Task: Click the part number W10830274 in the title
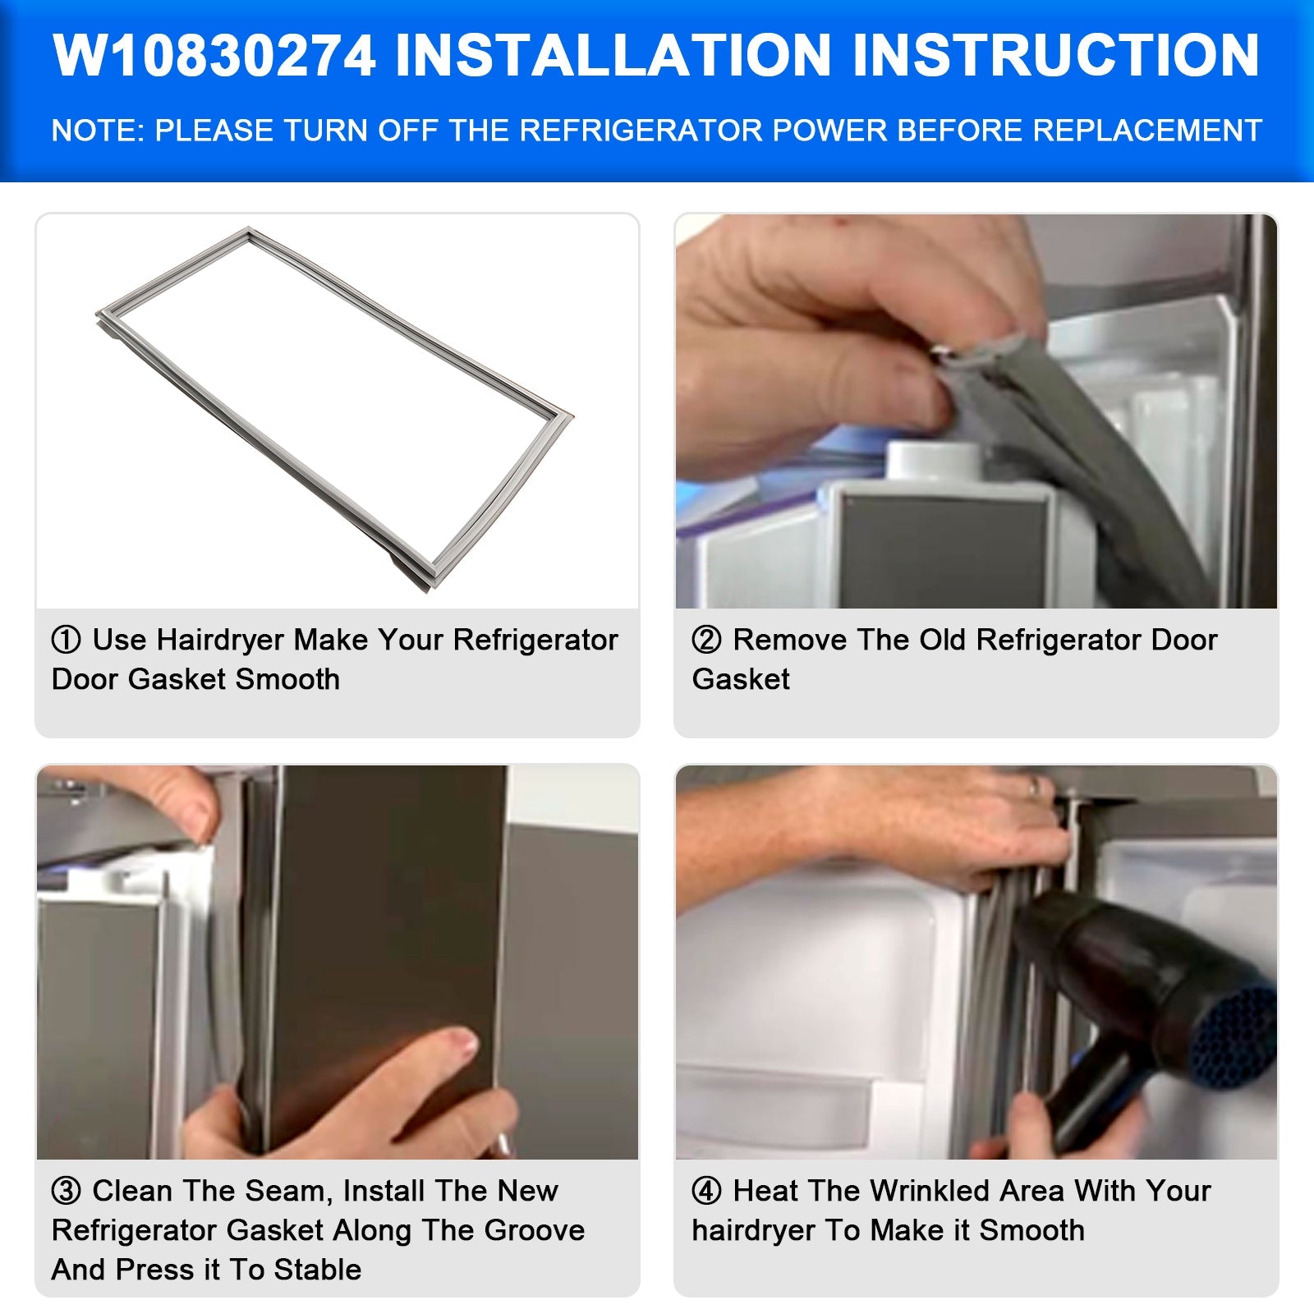click(x=214, y=56)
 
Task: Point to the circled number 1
click(x=67, y=640)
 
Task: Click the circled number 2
click(x=706, y=640)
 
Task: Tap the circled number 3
click(x=67, y=1191)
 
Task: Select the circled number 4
click(x=706, y=1191)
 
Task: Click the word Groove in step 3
click(x=535, y=1230)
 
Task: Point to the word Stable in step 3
click(x=318, y=1270)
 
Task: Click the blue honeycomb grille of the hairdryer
click(x=1232, y=1039)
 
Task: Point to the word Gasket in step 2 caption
click(x=741, y=679)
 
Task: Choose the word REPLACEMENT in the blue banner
click(x=1146, y=131)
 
